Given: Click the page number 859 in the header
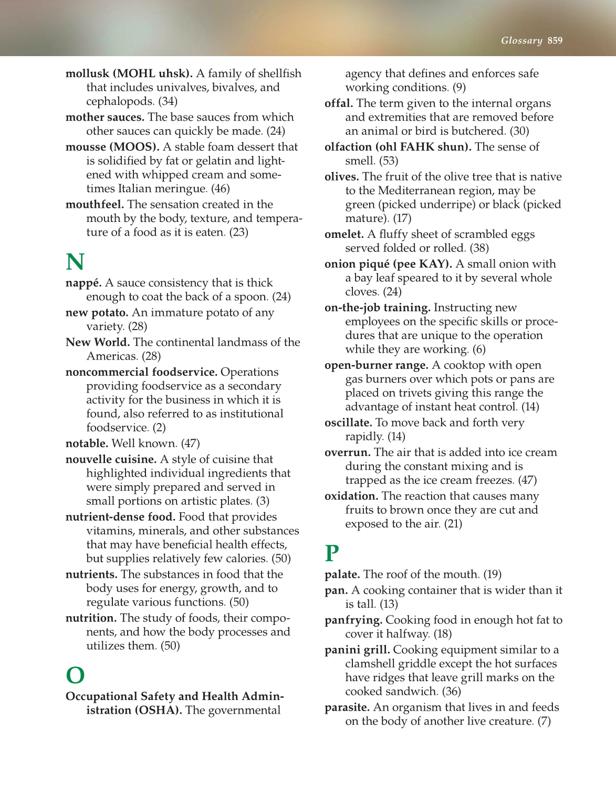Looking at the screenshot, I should click(555, 40).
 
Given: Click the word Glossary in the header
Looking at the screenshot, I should click(521, 40).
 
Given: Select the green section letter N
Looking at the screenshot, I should click(75, 261).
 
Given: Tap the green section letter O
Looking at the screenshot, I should click(75, 675).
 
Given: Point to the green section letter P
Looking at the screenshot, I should click(332, 553).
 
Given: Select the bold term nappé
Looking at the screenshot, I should click(83, 283).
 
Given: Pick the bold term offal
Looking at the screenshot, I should click(339, 103).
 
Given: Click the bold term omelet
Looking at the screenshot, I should click(344, 234).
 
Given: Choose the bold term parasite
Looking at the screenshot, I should click(347, 707).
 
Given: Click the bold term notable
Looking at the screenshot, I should click(87, 443).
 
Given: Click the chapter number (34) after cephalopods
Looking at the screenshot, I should click(168, 101).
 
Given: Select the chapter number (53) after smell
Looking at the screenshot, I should click(389, 161).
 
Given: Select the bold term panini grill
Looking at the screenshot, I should click(357, 650).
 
